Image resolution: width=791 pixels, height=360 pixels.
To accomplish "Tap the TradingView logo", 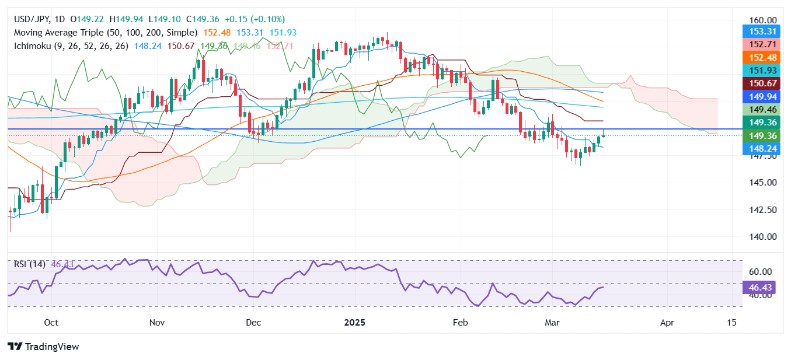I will pos(43,347).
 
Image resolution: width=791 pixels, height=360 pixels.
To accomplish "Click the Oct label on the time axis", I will pos(51,322).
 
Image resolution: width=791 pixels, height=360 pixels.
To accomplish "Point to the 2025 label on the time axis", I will pos(354,322).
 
